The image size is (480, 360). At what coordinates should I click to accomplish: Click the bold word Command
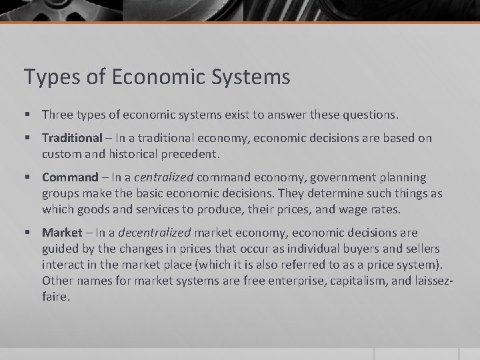pyautogui.click(x=69, y=177)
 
